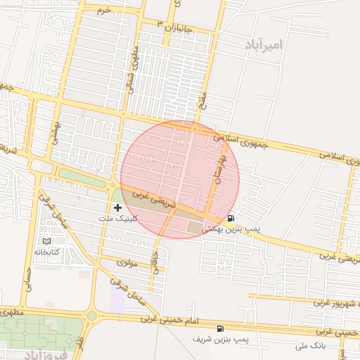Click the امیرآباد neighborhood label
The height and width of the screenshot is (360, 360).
point(264,45)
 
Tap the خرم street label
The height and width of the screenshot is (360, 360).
point(105,10)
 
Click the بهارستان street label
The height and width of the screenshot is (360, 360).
point(218,172)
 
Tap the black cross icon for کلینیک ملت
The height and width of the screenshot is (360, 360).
point(117,207)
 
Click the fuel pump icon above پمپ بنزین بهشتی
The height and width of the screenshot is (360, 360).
point(232,218)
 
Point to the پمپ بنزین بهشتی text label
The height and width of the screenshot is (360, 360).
point(231,229)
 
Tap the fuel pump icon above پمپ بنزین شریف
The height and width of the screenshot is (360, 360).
point(221,328)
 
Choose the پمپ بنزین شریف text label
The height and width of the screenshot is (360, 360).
point(222,339)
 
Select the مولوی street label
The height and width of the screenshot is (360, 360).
point(127,262)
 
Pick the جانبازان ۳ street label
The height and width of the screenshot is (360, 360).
point(175,27)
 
